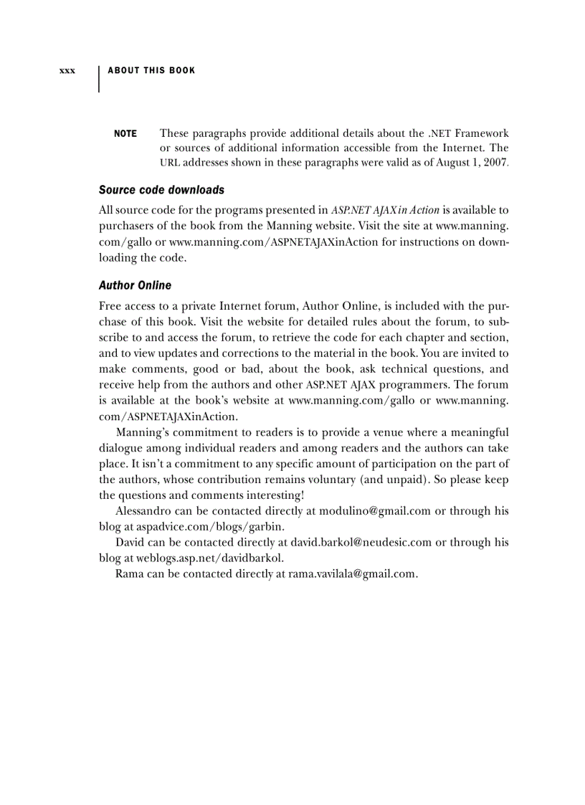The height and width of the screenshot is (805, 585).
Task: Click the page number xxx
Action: [x=67, y=71]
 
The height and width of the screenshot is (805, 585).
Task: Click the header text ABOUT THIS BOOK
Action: [x=151, y=70]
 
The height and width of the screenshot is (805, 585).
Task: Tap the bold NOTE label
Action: [x=125, y=134]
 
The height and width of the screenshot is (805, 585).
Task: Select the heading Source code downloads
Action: [x=161, y=190]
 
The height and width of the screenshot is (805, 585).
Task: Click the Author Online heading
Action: [x=135, y=285]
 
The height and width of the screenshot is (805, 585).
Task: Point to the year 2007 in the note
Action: [x=494, y=163]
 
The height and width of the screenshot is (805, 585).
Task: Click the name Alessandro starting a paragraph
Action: [x=144, y=511]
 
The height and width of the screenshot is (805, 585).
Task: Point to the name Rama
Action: [x=130, y=574]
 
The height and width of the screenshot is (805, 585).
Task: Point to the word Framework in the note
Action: [x=482, y=133]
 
